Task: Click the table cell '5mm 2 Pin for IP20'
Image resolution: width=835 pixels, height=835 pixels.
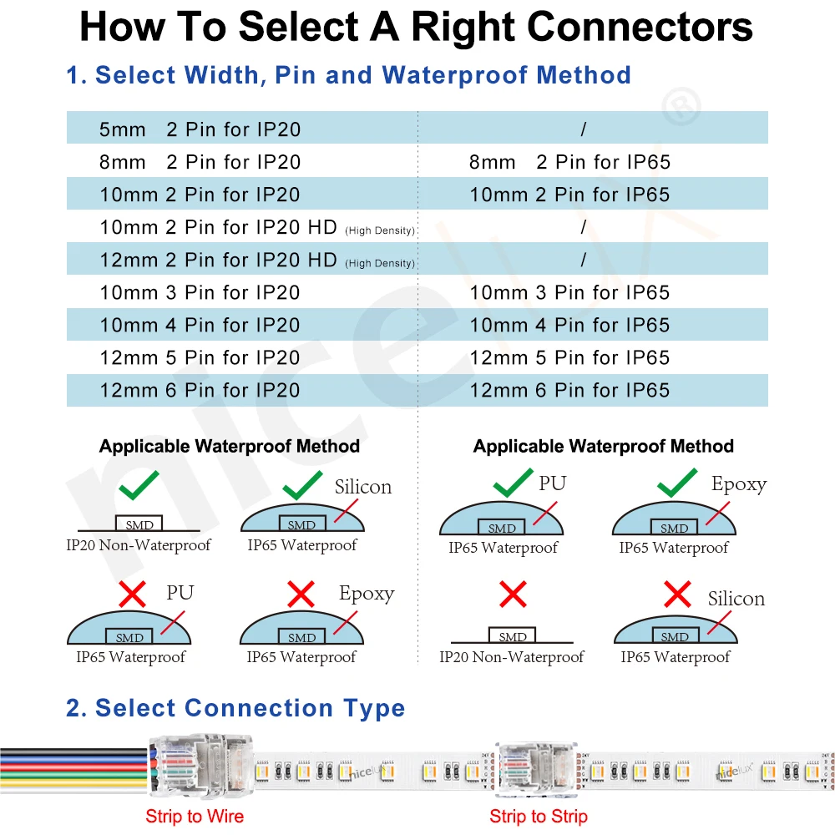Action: click(200, 129)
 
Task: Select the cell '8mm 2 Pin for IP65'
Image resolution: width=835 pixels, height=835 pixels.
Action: click(569, 162)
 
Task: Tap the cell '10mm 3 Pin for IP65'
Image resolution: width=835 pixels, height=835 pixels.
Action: click(569, 292)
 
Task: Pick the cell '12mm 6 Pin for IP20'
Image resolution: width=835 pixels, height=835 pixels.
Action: click(200, 390)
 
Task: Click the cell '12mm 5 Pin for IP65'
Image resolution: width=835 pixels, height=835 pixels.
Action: click(569, 357)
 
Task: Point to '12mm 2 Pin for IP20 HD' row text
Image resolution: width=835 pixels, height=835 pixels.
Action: click(218, 260)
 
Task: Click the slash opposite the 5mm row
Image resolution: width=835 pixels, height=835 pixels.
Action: click(583, 129)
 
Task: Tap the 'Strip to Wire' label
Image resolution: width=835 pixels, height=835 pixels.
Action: click(195, 817)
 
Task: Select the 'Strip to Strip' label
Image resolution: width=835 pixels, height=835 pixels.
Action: click(539, 817)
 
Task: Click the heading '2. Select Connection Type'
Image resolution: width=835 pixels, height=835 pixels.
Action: click(235, 708)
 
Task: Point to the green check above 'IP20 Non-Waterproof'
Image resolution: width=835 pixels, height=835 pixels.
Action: click(139, 486)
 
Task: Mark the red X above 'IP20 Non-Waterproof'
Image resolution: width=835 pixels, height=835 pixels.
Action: click(513, 595)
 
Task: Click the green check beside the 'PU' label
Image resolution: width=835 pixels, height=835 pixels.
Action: click(513, 482)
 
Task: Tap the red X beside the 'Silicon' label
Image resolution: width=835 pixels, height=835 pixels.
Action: click(677, 595)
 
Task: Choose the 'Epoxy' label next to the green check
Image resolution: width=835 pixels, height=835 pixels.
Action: click(738, 484)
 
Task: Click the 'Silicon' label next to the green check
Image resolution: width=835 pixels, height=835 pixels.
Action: click(362, 487)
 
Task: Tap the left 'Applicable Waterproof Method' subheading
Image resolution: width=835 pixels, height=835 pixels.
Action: click(230, 446)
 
